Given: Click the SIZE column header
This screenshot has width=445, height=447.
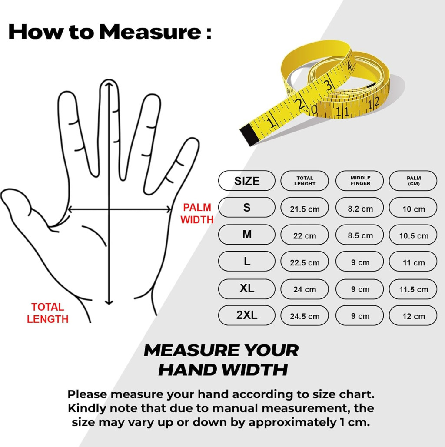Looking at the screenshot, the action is [x=247, y=181].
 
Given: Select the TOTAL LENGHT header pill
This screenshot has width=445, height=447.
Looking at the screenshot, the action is [x=305, y=181].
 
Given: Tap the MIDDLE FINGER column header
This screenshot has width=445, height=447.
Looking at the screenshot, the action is [x=360, y=181].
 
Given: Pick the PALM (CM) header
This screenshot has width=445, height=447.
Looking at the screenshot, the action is [x=413, y=181].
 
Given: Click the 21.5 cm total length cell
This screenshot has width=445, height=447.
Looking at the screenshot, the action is [x=305, y=208].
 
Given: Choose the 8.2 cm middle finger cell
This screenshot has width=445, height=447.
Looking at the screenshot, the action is [x=360, y=208].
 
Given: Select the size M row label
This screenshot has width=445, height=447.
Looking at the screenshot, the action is [x=247, y=235].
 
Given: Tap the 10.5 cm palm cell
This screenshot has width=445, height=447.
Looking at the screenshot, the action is [x=413, y=235].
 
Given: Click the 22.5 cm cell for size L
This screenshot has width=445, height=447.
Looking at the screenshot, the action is [x=305, y=262].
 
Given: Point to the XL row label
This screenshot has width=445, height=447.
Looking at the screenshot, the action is [x=247, y=289].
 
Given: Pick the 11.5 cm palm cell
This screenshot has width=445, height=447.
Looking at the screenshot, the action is [x=413, y=289].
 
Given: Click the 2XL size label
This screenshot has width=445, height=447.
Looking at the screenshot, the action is [x=247, y=315].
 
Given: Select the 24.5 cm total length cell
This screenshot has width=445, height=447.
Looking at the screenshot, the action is [x=305, y=315].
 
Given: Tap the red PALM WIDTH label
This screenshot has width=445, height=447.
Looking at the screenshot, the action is [x=197, y=214].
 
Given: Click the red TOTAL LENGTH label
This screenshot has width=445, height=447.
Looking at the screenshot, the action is [x=48, y=313].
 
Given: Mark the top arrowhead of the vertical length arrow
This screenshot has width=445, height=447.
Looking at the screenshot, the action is [x=109, y=84].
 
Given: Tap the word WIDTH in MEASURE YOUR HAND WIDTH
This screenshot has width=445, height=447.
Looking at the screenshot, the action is [x=255, y=370].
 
